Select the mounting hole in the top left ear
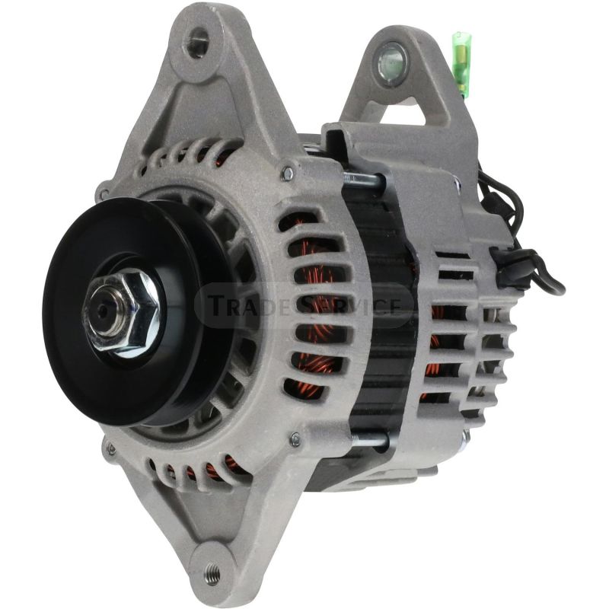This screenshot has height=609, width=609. pos(198,43)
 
